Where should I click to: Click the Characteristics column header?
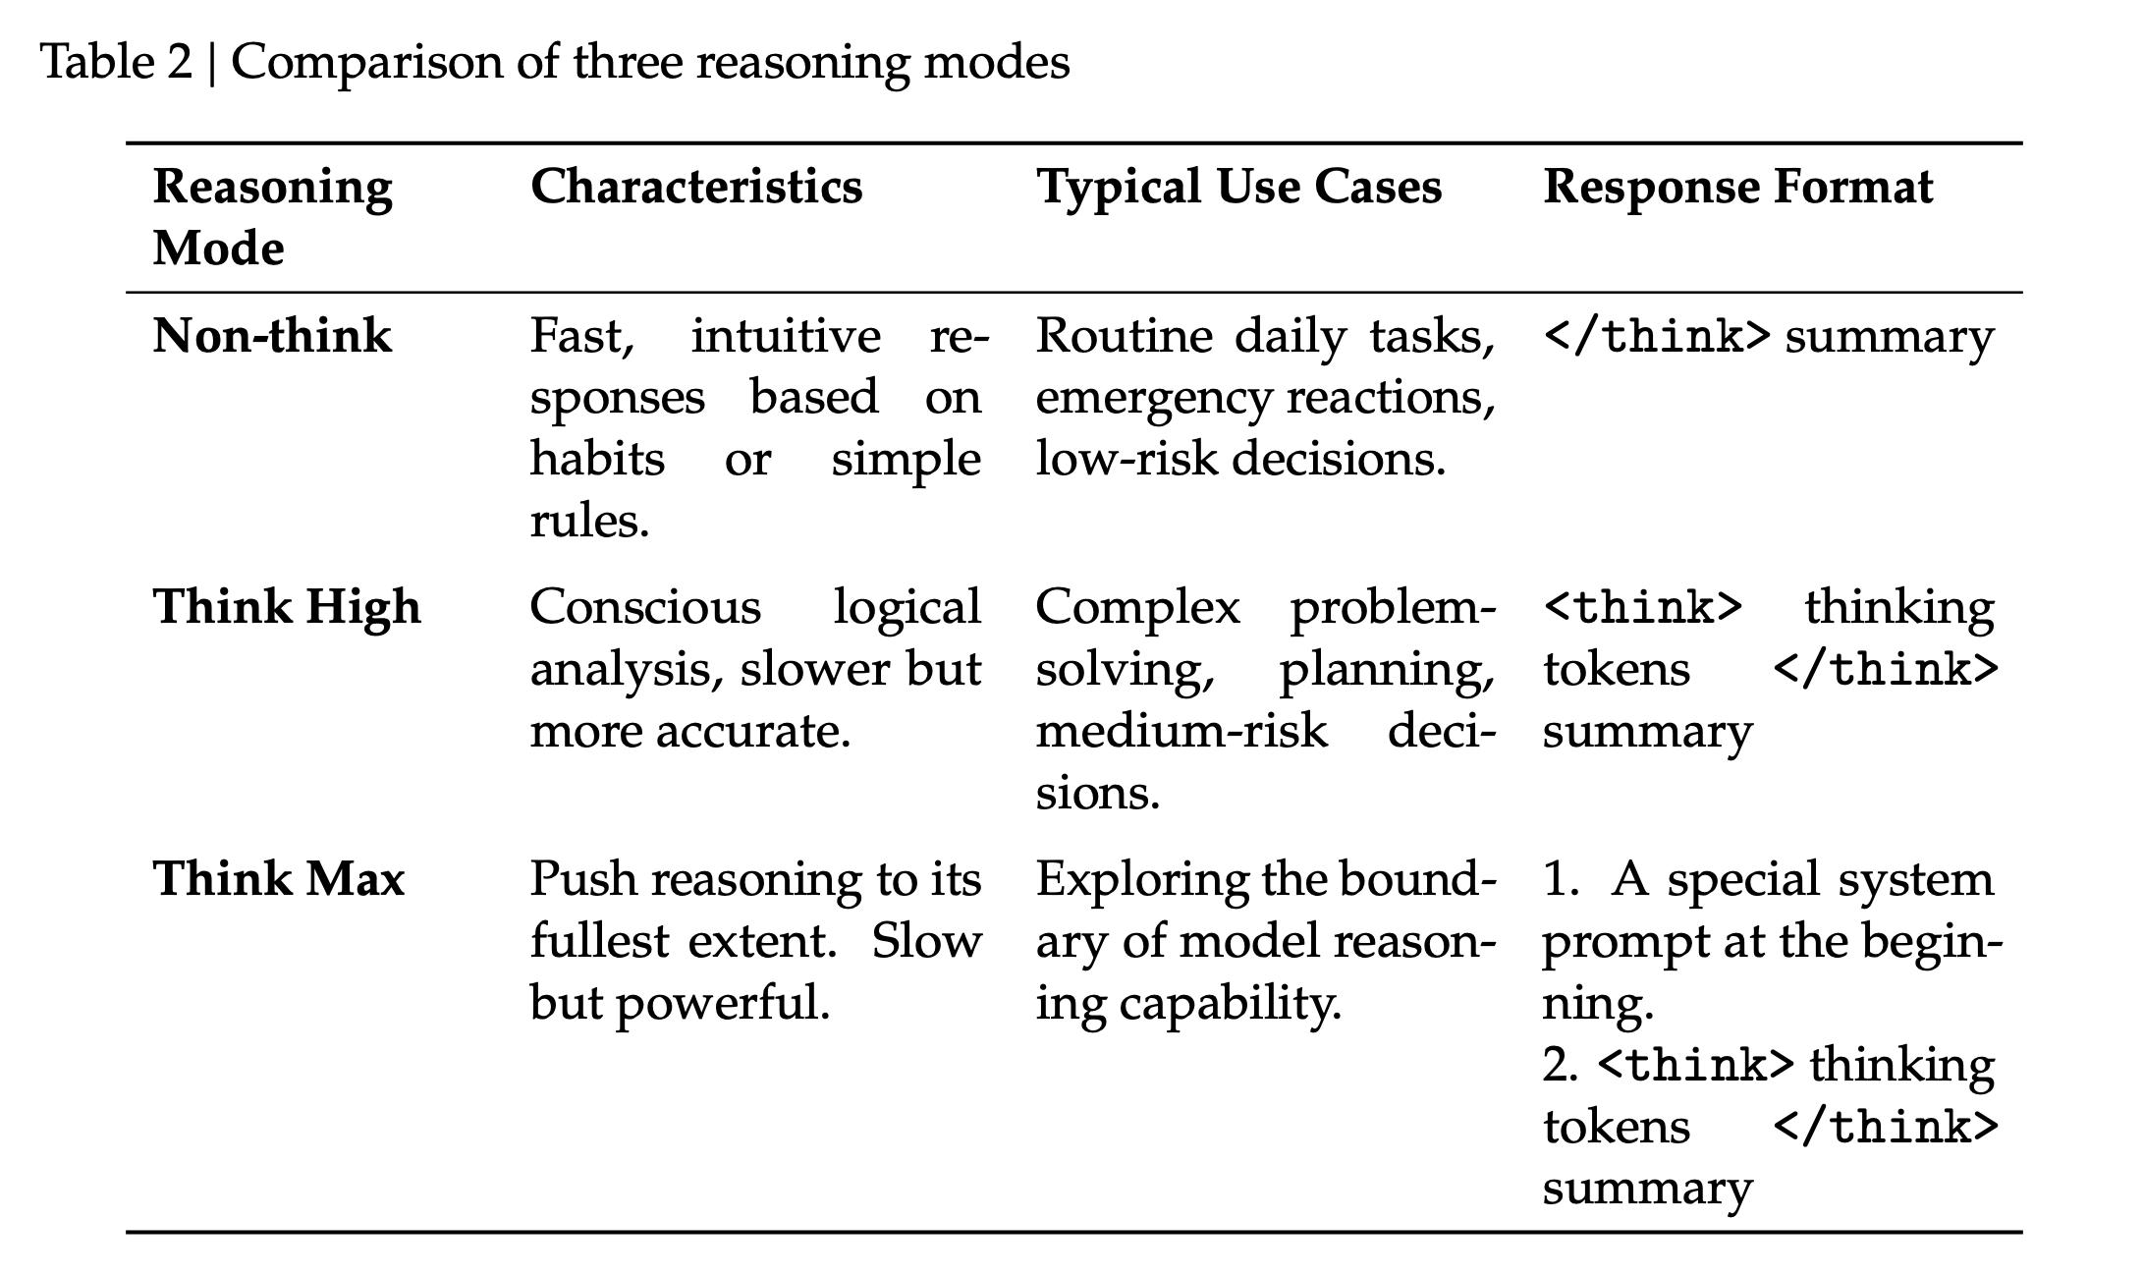tap(696, 186)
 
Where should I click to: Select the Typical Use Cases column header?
tap(1238, 187)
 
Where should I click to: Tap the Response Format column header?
tap(1737, 187)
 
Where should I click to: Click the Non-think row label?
tap(272, 336)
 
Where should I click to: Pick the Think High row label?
tap(287, 606)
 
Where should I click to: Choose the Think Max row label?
tap(279, 878)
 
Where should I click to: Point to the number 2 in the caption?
tap(179, 63)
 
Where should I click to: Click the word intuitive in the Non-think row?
tap(786, 336)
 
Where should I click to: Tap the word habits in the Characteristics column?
tap(597, 459)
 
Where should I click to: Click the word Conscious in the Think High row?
tap(645, 606)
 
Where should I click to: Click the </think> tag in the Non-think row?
tap(1657, 337)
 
